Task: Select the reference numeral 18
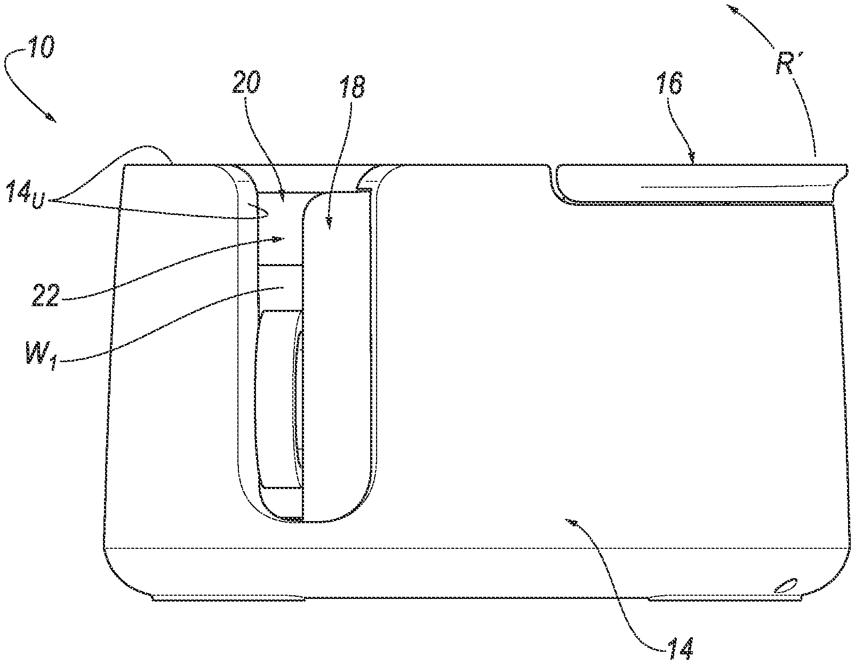(x=352, y=87)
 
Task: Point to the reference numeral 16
(x=669, y=83)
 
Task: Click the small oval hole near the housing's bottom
(x=785, y=596)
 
